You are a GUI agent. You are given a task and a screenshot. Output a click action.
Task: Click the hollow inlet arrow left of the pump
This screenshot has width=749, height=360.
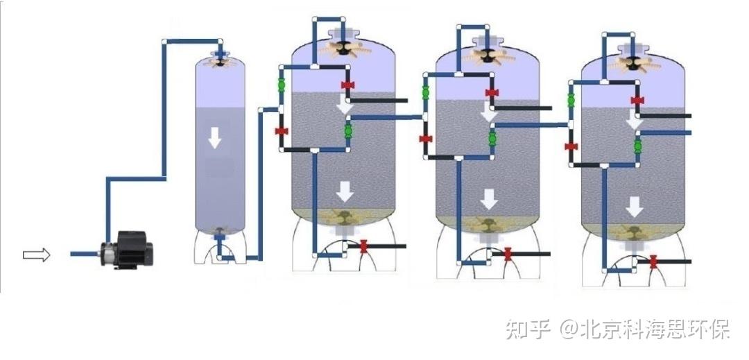tap(37, 255)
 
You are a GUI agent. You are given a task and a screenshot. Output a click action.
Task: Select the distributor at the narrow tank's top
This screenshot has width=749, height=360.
tap(221, 61)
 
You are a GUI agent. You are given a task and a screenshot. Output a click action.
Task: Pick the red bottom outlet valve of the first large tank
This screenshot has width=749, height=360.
tap(363, 246)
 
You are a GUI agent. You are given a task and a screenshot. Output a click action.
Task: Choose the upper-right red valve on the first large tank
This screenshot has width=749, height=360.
tap(347, 85)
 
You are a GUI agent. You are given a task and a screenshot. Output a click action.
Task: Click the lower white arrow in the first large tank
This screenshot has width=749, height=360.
tap(344, 189)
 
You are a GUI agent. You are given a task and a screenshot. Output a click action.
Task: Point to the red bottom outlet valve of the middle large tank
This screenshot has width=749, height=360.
tap(508, 254)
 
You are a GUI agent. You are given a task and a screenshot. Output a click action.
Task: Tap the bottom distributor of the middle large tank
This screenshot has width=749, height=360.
tap(489, 225)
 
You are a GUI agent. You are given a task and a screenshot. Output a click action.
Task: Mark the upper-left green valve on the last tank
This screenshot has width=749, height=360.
tap(571, 101)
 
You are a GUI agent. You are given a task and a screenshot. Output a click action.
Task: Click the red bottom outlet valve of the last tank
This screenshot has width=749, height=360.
tap(653, 262)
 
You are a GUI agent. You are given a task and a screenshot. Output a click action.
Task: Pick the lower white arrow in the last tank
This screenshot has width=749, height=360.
tap(634, 206)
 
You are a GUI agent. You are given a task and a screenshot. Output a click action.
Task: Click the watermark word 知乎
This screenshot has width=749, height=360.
tap(528, 329)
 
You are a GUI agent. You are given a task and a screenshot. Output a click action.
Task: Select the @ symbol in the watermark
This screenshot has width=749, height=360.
tap(570, 329)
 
